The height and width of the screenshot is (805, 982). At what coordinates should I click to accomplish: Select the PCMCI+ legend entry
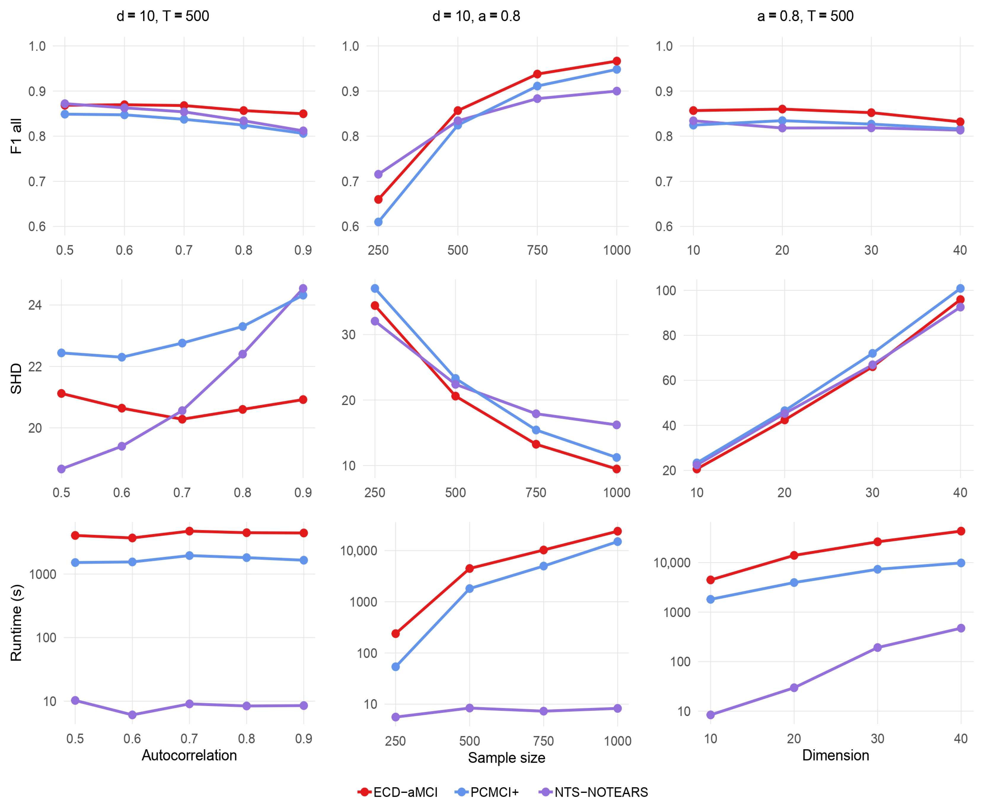(x=487, y=792)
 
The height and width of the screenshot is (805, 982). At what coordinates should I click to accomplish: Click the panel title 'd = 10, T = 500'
(x=163, y=16)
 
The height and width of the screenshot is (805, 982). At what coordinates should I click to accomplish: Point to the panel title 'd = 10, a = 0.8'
(x=476, y=16)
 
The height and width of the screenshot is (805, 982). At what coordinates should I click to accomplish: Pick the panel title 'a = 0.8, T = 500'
(x=805, y=16)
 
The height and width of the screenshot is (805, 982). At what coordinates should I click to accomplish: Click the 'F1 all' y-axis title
(x=16, y=136)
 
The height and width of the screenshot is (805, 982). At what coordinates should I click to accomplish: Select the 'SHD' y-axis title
(x=16, y=378)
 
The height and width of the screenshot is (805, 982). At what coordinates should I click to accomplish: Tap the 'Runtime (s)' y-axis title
(x=16, y=622)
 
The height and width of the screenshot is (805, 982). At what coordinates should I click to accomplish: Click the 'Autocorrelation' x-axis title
(x=189, y=755)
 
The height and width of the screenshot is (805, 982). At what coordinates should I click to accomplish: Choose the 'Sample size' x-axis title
(x=506, y=758)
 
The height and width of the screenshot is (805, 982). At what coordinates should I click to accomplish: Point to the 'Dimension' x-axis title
(x=836, y=755)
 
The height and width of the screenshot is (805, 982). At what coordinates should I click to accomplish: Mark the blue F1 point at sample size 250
(x=378, y=222)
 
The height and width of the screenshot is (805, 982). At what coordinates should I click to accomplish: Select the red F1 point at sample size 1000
(x=617, y=61)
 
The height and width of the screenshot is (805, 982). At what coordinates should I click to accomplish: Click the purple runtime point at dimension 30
(x=877, y=647)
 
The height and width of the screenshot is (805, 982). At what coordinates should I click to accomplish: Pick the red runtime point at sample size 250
(x=396, y=633)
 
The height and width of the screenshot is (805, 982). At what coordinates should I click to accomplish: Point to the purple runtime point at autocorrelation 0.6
(x=132, y=715)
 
